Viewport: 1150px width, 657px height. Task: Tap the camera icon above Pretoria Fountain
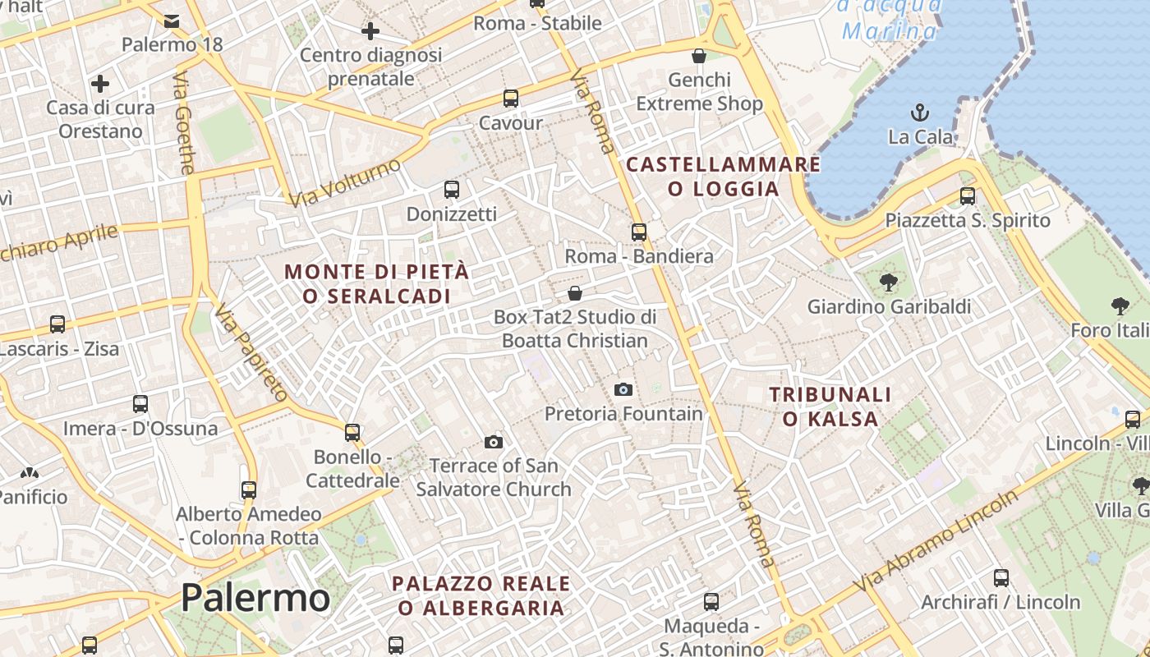(x=623, y=389)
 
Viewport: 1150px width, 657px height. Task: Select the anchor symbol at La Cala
(x=921, y=112)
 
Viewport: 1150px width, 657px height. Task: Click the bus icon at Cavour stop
(x=511, y=99)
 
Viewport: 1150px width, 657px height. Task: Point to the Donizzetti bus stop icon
(x=452, y=190)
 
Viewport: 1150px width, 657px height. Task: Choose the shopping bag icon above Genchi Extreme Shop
(x=699, y=56)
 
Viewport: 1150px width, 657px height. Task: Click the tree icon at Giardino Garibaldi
(x=889, y=283)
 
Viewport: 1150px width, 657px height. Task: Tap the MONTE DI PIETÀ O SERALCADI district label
(x=377, y=283)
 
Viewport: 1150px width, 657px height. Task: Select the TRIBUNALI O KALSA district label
(x=830, y=407)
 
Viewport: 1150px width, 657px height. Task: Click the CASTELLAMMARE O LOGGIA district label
(x=724, y=177)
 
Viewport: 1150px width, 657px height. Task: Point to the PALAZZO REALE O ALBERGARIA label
(x=481, y=595)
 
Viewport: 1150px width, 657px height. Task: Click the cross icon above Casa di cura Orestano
(x=100, y=84)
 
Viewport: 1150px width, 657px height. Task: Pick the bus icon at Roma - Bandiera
(x=639, y=232)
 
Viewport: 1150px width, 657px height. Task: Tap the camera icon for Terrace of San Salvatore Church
(x=494, y=443)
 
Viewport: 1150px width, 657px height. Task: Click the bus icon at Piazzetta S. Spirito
(x=968, y=196)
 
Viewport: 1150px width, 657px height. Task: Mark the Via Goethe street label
(x=184, y=124)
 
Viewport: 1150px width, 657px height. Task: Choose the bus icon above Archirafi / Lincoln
(x=1000, y=578)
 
